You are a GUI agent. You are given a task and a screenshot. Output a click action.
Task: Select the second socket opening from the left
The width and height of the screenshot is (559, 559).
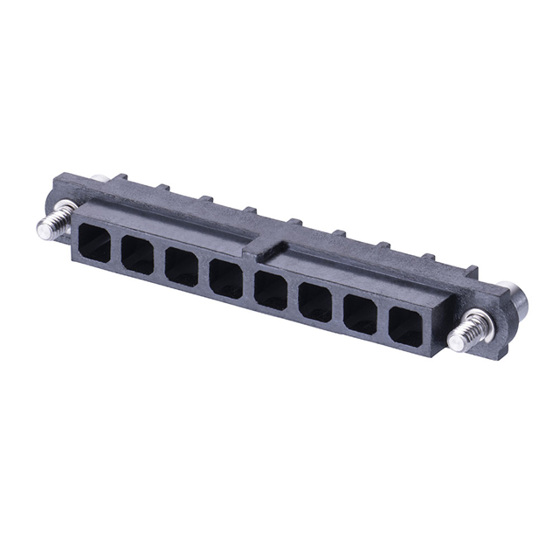[136, 252]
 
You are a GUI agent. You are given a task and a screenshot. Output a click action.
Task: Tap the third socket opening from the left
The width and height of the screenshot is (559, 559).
[181, 266]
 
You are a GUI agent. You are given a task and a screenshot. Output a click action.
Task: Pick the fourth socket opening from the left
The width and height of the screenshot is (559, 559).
[225, 279]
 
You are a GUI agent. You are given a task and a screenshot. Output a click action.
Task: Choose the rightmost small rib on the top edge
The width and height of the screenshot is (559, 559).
[473, 270]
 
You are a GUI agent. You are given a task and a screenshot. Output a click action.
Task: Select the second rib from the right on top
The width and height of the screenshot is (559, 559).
[428, 258]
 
